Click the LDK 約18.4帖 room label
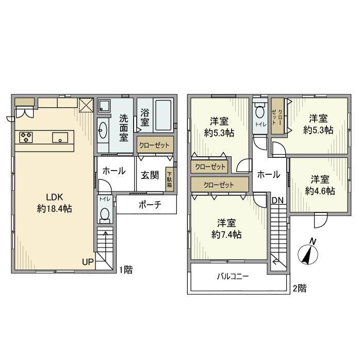coord(54,203)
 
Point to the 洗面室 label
coord(124,127)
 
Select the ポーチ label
coord(150,205)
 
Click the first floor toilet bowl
coord(105,214)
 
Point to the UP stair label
coord(88,262)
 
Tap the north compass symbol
coord(308,253)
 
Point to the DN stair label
coord(277,201)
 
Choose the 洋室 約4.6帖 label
coord(320,185)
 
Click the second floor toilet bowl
coord(259,113)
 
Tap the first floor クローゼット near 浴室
coord(154,145)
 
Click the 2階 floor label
coord(299,289)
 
